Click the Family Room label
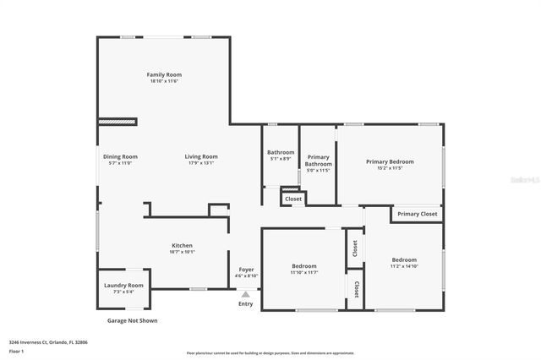pos(165,74)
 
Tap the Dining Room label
pos(120,156)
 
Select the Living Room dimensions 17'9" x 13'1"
pos(202,163)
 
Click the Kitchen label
pos(183,245)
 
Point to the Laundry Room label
pos(123,286)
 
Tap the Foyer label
pos(246,269)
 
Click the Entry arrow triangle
pos(246,294)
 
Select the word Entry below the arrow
pos(245,304)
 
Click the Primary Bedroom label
pos(390,161)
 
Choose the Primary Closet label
pos(418,215)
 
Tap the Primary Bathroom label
pos(319,161)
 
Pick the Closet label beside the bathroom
pos(293,199)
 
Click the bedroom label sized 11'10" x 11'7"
pos(303,265)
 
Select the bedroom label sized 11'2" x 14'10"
pos(403,259)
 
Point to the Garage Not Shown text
pos(131,321)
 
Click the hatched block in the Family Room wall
pos(117,122)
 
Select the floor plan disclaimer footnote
pos(270,353)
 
